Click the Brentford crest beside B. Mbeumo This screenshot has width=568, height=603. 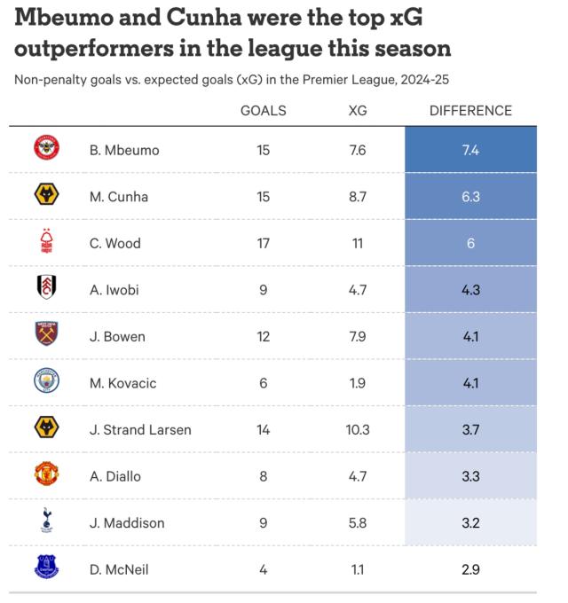46,150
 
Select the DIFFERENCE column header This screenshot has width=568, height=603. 470,111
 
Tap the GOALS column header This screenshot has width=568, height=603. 264,111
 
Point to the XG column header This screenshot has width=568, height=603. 358,111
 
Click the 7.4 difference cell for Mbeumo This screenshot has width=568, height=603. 470,150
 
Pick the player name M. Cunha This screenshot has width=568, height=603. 119,197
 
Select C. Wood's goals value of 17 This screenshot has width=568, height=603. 264,243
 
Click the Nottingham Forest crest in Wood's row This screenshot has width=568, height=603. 46,242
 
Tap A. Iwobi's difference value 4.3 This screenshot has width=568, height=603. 470,290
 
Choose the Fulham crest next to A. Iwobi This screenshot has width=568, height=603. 46,289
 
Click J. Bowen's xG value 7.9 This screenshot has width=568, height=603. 358,337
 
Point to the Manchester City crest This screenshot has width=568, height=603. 46,382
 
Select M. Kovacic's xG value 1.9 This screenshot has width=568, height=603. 358,383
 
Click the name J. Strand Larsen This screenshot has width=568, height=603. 140,430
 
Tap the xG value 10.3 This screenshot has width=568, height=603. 358,430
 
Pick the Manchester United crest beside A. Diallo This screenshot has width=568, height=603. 46,475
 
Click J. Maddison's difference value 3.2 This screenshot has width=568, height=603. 470,523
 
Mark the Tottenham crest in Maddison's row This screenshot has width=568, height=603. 46,522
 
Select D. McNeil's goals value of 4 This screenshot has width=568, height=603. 264,569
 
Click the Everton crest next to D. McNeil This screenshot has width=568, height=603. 46,568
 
